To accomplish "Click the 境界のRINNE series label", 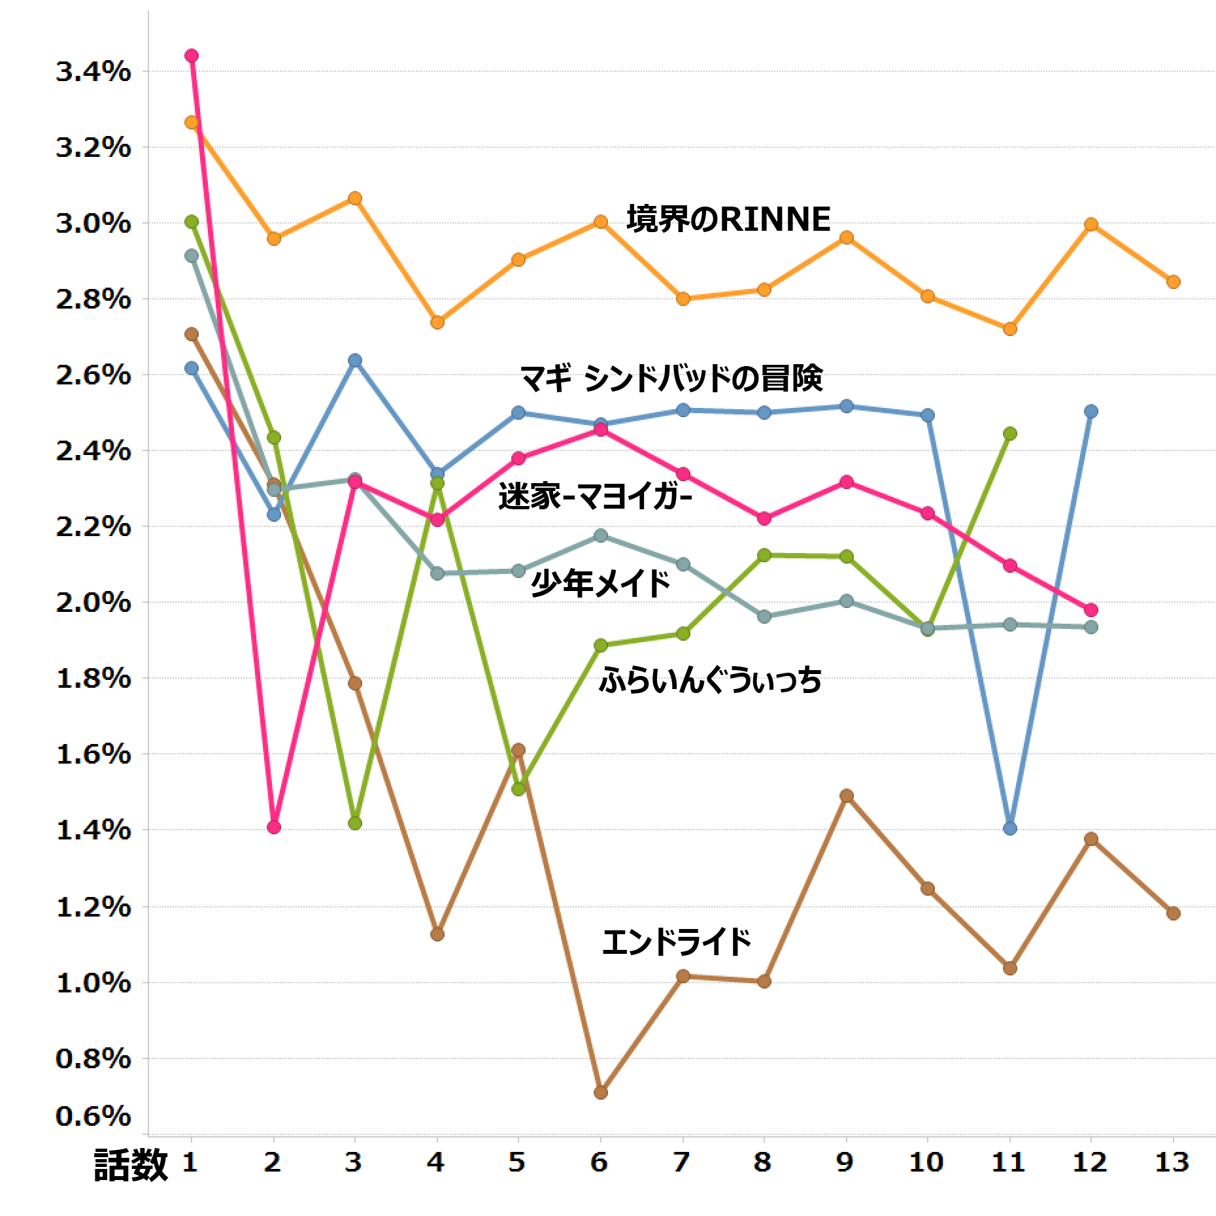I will pyautogui.click(x=728, y=219).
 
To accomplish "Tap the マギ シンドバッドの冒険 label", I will pyautogui.click(x=671, y=378).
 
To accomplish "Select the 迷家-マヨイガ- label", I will pyautogui.click(x=595, y=496).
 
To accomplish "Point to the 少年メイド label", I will pyautogui.click(x=601, y=583).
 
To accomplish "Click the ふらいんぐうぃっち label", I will pyautogui.click(x=710, y=681).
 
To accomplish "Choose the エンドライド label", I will pyautogui.click(x=676, y=942).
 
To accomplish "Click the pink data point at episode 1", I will pyautogui.click(x=192, y=56).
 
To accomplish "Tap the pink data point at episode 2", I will pyautogui.click(x=274, y=827).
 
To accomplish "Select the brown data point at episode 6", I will pyautogui.click(x=601, y=1092).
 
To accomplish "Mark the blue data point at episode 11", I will pyautogui.click(x=1009, y=828).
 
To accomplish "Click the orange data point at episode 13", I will pyautogui.click(x=1174, y=282).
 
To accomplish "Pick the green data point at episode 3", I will pyautogui.click(x=355, y=823).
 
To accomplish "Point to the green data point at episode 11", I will pyautogui.click(x=1009, y=433).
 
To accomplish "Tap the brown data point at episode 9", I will pyautogui.click(x=847, y=796).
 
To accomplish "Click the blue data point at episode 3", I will pyautogui.click(x=355, y=360).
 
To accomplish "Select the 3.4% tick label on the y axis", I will pyautogui.click(x=93, y=72).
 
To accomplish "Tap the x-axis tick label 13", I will pyautogui.click(x=1173, y=1163).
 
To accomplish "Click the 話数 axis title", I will pyautogui.click(x=131, y=1165).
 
